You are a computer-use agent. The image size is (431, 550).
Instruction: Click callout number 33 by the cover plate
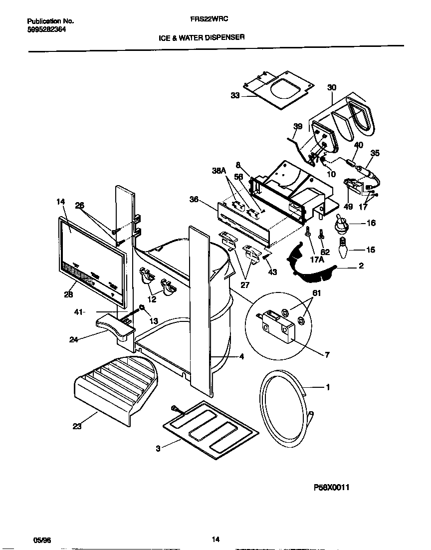[235, 95]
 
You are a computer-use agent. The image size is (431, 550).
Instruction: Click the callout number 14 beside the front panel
[61, 202]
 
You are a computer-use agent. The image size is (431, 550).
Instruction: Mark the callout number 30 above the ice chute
[332, 87]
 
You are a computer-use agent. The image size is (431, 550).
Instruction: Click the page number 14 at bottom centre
[215, 540]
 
